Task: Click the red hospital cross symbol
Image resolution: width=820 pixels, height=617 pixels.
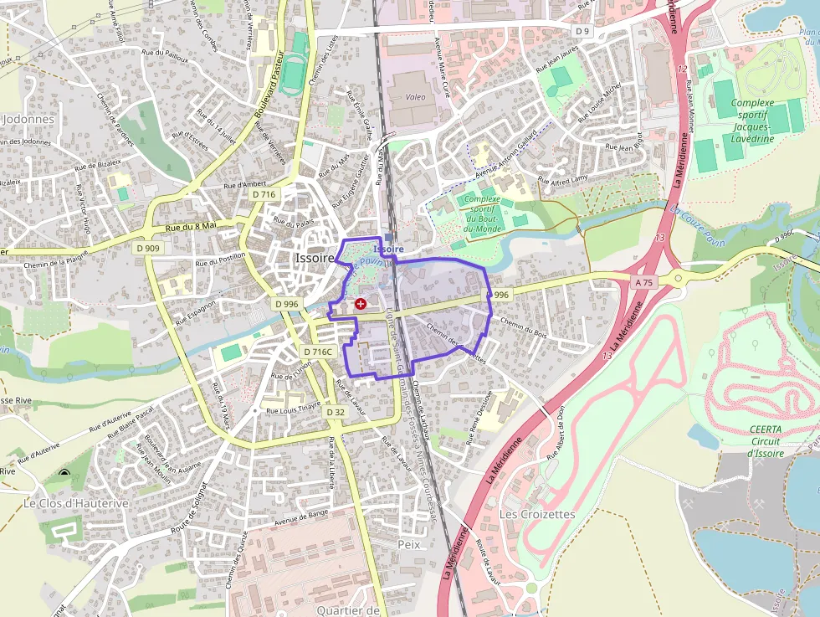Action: coord(361,304)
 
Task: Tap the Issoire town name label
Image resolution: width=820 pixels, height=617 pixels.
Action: coord(315,258)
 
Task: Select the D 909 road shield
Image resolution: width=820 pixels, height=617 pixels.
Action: coord(147,248)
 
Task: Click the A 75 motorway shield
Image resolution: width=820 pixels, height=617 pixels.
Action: coord(643,283)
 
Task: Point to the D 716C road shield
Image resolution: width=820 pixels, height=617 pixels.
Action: coord(318,352)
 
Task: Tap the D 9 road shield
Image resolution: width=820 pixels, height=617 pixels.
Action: coord(582,31)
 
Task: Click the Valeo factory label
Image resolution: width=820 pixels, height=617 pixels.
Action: coord(415,97)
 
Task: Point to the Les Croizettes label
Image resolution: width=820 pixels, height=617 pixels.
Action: coord(537,513)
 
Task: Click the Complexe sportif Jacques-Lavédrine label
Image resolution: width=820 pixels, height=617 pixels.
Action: coord(752,121)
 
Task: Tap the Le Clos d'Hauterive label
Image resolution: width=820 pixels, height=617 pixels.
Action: coord(76,503)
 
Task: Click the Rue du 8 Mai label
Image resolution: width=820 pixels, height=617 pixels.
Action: coord(191,226)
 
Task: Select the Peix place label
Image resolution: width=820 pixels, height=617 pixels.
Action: coord(409,543)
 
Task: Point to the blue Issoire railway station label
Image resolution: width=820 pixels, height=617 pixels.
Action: coord(388,249)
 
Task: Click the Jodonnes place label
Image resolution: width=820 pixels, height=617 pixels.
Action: coord(28,119)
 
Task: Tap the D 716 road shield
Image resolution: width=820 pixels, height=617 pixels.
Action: coord(264,194)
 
